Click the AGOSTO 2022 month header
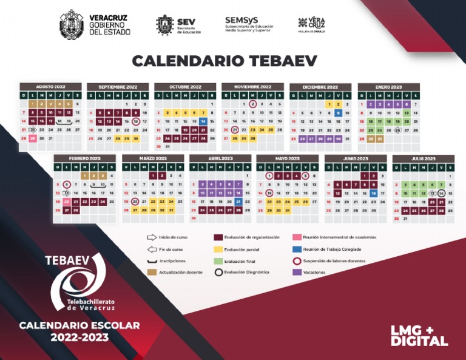tap(50, 87)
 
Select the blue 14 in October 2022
tap(203, 121)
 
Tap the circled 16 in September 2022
tap(136, 121)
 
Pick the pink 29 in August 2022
tap(32, 138)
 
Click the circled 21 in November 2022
tap(235, 130)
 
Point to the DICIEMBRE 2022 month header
tap(320, 87)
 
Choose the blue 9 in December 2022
tap(338, 113)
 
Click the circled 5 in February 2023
tap(67, 185)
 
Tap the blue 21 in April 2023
tap(238, 202)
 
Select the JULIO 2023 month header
tap(423, 158)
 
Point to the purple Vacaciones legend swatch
tap(297, 272)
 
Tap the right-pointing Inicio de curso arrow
tap(152, 237)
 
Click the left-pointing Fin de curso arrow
tap(152, 249)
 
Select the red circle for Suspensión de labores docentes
tap(297, 260)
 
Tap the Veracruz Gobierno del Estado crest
tap(72, 25)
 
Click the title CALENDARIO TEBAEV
tap(233, 61)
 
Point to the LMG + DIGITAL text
tap(419, 335)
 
